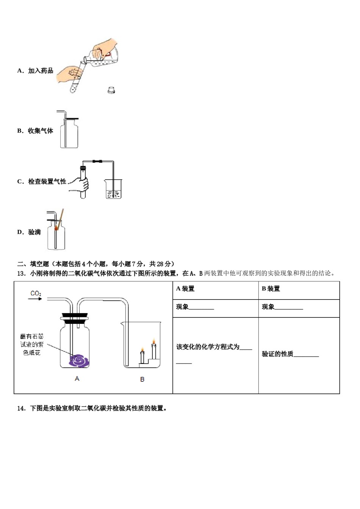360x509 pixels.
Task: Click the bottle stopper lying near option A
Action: click(111, 90)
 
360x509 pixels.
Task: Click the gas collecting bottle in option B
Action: click(69, 134)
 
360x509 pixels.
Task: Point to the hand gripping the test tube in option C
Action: click(80, 184)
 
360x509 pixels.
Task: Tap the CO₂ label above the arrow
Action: click(36, 294)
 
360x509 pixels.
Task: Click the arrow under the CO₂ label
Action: click(35, 299)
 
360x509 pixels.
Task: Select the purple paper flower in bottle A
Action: click(79, 360)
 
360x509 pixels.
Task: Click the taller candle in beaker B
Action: click(154, 349)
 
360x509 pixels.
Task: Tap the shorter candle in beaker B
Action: click(142, 356)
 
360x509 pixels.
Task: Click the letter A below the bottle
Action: click(77, 379)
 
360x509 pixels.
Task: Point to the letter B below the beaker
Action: click(142, 379)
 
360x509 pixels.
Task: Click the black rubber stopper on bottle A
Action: click(75, 317)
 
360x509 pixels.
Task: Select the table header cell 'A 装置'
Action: click(185, 289)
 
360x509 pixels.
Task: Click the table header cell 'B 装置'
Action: click(271, 289)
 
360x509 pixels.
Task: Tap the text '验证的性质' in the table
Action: click(277, 354)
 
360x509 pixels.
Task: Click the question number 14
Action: click(21, 408)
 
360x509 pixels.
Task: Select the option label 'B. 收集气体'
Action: click(35, 131)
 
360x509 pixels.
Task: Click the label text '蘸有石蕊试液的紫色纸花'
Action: click(32, 345)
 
